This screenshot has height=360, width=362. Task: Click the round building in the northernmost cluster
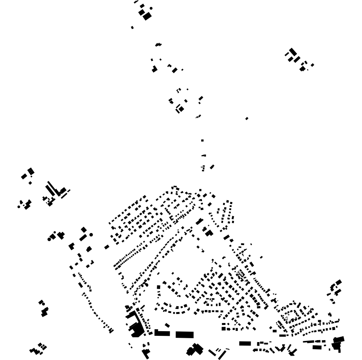[151, 8]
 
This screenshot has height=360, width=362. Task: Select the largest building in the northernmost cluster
[147, 16]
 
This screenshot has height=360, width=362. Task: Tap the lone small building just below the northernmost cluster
[132, 28]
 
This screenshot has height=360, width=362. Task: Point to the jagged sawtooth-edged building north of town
[158, 45]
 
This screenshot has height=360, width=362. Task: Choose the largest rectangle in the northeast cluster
[293, 52]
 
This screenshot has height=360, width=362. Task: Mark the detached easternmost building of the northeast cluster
[312, 65]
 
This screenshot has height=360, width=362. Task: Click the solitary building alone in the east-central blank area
[247, 118]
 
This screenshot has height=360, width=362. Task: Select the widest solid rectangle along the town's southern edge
[185, 335]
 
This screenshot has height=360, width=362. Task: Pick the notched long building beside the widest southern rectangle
[162, 333]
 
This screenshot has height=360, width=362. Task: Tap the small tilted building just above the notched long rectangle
[167, 325]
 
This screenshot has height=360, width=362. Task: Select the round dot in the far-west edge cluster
[19, 206]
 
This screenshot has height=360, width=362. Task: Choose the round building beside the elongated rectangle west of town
[91, 235]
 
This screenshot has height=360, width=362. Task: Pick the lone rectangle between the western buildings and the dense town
[107, 247]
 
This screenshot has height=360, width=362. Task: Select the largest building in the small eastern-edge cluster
[339, 282]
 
